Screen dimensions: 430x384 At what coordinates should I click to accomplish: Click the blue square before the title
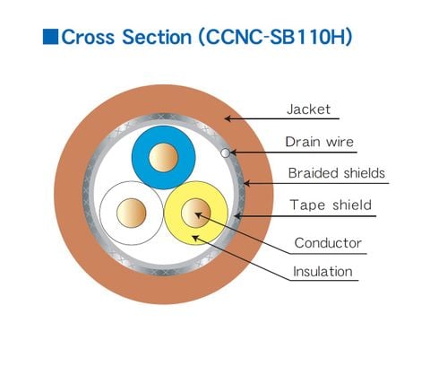coord(50,37)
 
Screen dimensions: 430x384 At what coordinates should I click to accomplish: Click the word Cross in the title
coord(88,37)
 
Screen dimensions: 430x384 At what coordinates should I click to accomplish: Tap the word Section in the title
coord(157,37)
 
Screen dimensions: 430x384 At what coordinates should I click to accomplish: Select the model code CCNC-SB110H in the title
coord(276,37)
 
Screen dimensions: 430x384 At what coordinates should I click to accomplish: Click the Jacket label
coord(308,109)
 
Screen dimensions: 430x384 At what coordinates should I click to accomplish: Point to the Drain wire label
coord(319,142)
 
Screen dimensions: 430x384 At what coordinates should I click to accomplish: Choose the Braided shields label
coord(337,173)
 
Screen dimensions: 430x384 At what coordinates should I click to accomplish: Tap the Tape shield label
coord(331,205)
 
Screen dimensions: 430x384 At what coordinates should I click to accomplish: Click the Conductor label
coord(328,243)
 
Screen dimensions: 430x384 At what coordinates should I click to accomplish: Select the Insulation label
coord(322,272)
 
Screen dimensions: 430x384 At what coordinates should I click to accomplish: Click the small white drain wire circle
coord(226,153)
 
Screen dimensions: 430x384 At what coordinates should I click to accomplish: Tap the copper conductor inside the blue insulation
coord(163,158)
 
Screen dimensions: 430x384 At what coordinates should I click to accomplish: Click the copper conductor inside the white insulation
coord(132,213)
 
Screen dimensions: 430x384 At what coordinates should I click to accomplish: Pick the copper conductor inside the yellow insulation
coord(196,213)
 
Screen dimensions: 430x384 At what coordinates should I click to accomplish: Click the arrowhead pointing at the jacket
coord(228,118)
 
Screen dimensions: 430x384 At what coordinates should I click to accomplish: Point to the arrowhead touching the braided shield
coord(247,183)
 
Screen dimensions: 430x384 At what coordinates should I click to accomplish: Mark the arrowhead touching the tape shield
coord(238,215)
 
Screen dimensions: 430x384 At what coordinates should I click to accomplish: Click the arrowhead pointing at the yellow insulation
coord(195,239)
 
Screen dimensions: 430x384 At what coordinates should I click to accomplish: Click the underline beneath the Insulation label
coord(323,280)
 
